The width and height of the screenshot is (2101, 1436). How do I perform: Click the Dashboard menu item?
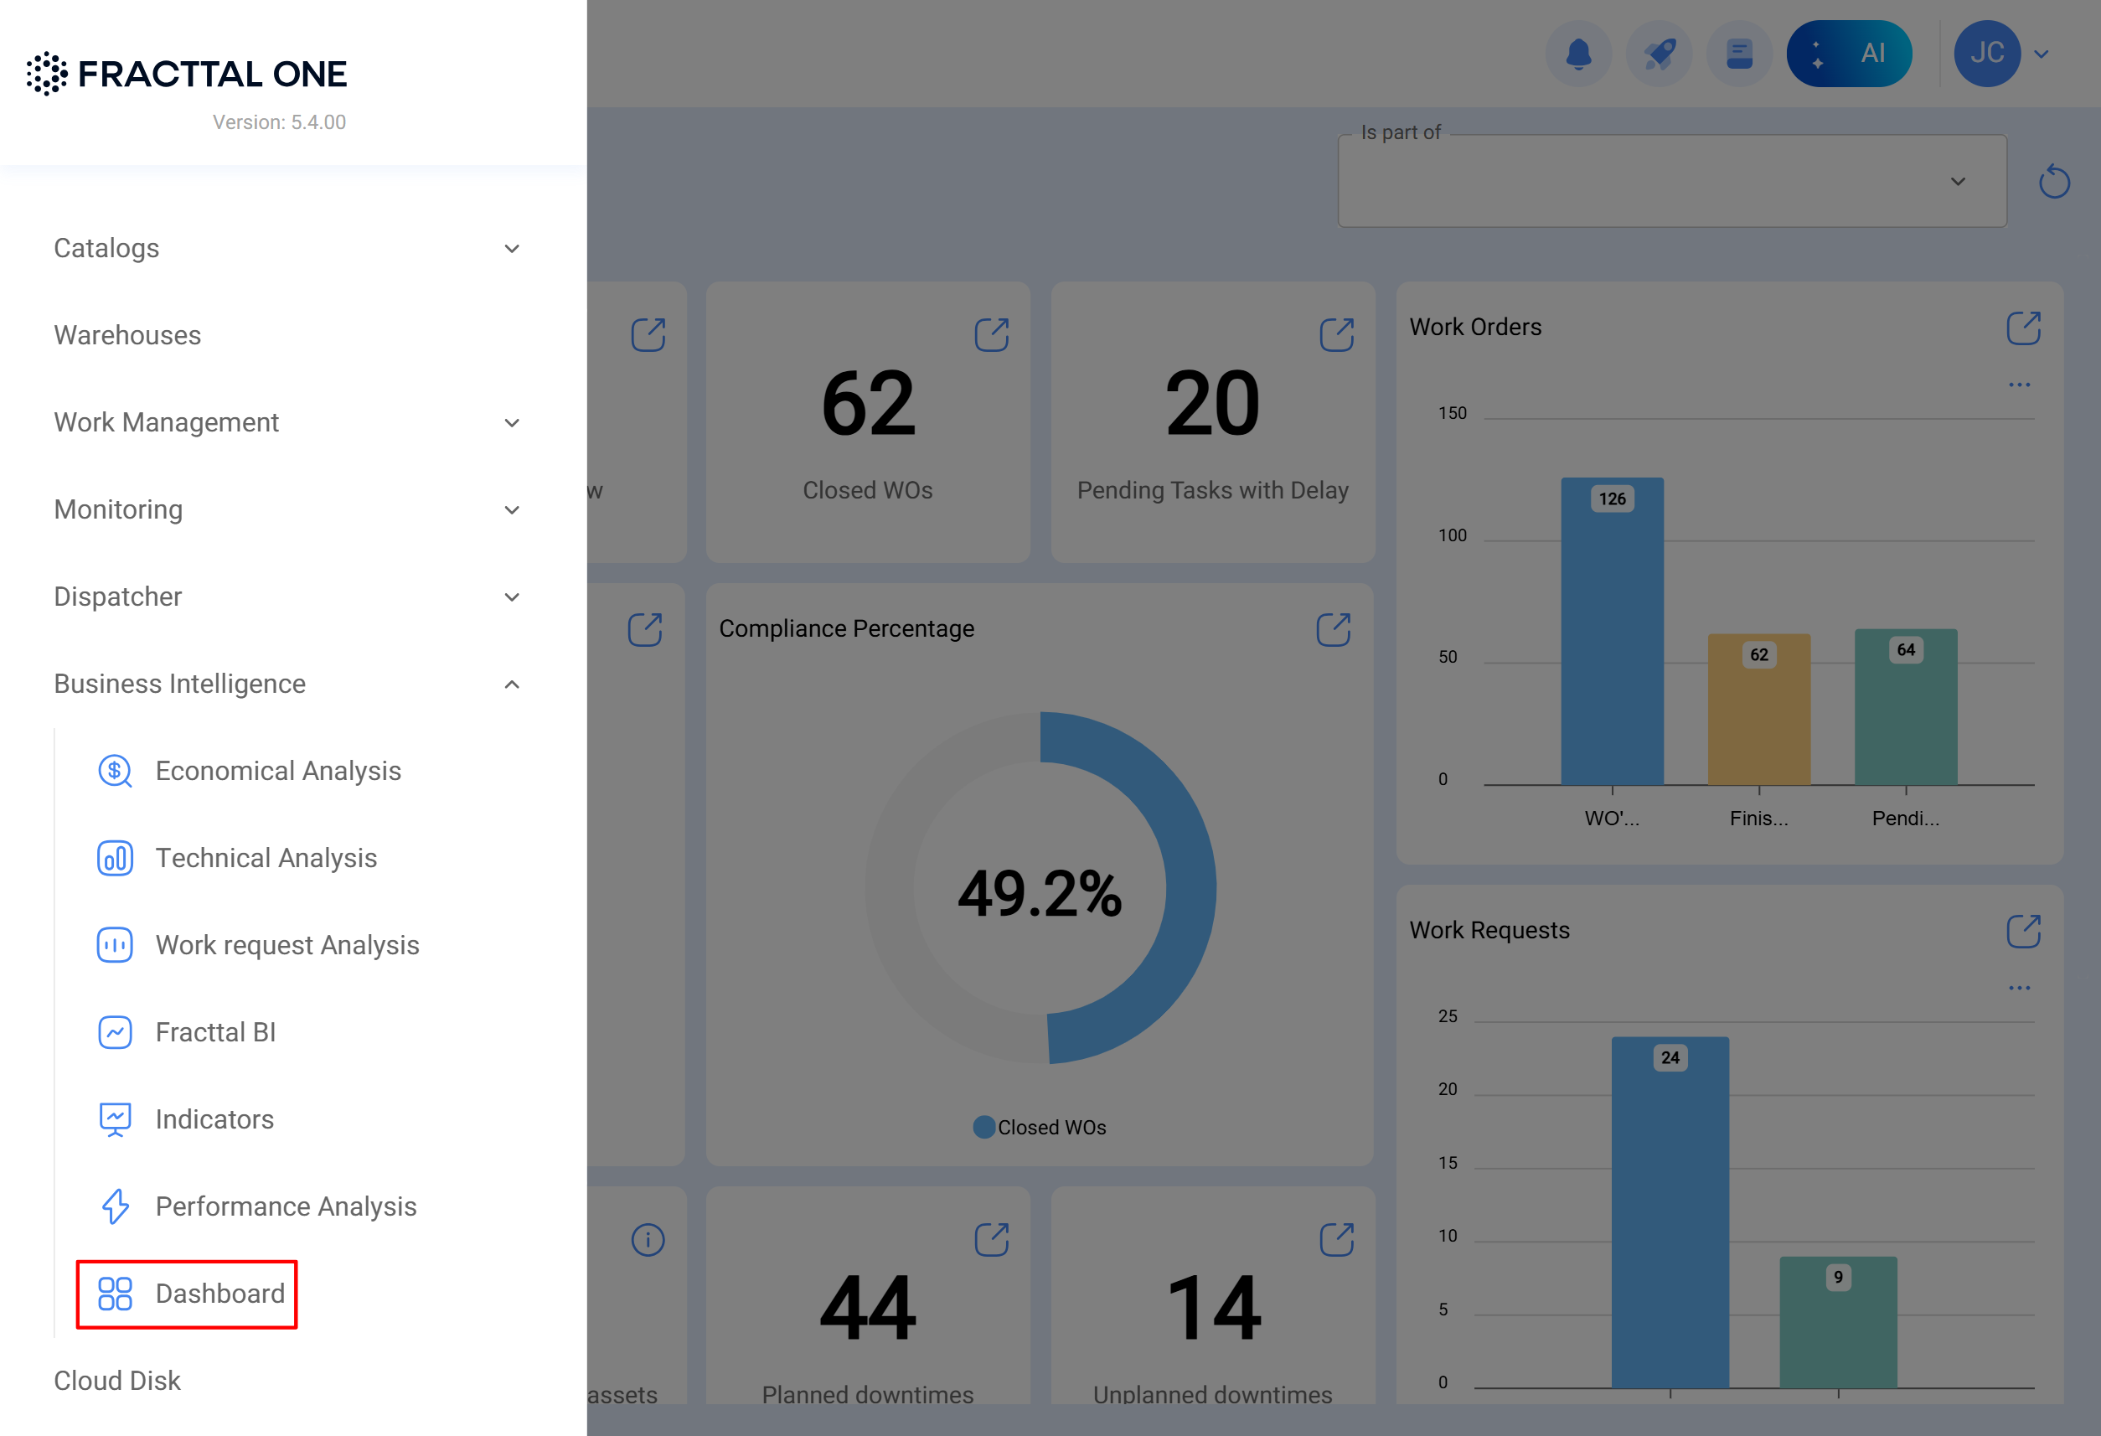(188, 1293)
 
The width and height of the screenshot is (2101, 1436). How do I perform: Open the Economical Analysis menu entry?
(277, 771)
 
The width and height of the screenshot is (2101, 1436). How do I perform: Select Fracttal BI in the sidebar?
(215, 1032)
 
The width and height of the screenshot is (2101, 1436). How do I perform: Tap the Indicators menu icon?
(115, 1118)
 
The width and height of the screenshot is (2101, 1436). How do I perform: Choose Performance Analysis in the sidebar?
(285, 1206)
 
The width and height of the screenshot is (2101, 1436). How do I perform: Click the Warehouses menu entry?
(127, 334)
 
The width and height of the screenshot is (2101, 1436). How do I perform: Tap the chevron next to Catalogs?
(512, 249)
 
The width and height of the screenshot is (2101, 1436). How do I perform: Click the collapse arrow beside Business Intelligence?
(512, 684)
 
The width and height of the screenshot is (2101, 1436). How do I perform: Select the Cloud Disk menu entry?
(117, 1380)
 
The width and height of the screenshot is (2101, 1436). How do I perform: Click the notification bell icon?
(1578, 54)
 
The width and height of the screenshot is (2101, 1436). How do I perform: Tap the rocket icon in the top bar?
(1659, 54)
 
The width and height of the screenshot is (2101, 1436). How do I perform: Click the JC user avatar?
(1986, 54)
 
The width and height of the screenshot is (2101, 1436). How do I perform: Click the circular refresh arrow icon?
(2054, 182)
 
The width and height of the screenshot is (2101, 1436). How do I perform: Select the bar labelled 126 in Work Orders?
(1612, 633)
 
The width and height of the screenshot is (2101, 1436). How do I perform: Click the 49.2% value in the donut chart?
(1040, 893)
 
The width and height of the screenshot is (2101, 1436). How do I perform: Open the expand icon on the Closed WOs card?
(992, 334)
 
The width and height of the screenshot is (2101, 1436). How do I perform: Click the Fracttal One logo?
(187, 73)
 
